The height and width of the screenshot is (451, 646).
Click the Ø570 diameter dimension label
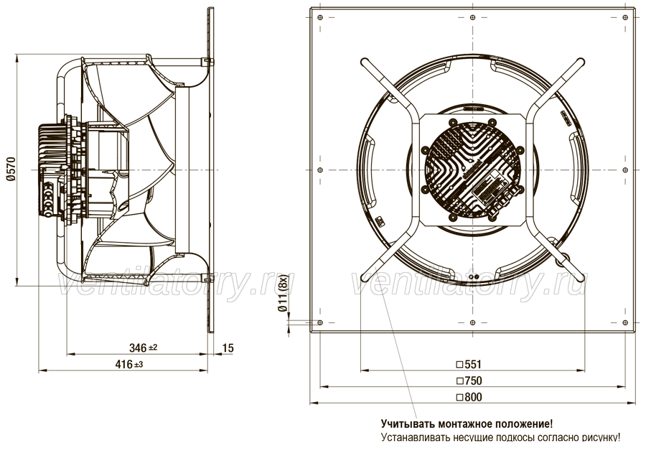pyautogui.click(x=11, y=169)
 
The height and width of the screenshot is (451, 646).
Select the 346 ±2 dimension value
pyautogui.click(x=144, y=348)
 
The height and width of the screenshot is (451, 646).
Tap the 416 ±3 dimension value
pyautogui.click(x=129, y=364)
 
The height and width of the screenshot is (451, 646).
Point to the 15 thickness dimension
pyautogui.click(x=228, y=348)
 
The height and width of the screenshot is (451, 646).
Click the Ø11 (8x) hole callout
pyautogui.click(x=283, y=294)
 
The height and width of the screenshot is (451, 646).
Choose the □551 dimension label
pyautogui.click(x=469, y=364)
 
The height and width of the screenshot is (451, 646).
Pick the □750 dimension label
pyautogui.click(x=469, y=381)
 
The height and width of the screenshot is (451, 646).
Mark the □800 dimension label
pyautogui.click(x=469, y=397)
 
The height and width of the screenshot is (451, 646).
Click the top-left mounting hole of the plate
pyautogui.click(x=320, y=17)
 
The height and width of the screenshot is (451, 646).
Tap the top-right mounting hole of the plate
pyautogui.click(x=625, y=17)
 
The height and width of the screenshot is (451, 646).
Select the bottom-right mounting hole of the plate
pyautogui.click(x=625, y=322)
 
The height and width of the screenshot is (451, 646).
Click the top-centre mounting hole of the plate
pyautogui.click(x=472, y=17)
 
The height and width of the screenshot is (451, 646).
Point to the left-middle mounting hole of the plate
pyautogui.click(x=320, y=170)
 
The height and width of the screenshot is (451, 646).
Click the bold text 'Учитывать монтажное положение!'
pyautogui.click(x=467, y=424)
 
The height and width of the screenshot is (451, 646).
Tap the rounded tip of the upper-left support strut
pyautogui.click(x=364, y=62)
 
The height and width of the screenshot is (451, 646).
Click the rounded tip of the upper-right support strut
pyautogui.click(x=581, y=62)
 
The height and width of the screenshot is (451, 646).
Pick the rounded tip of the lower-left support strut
pyautogui.click(x=364, y=277)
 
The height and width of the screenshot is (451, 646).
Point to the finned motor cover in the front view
pyautogui.click(x=472, y=169)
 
